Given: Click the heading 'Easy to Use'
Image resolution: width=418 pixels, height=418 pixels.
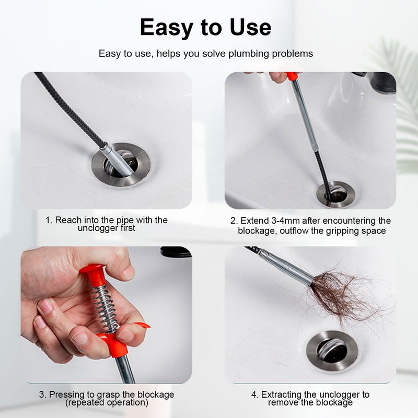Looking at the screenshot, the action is pyautogui.click(x=205, y=28).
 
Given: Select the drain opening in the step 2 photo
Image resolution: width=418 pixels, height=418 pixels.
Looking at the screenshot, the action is pyautogui.click(x=336, y=194).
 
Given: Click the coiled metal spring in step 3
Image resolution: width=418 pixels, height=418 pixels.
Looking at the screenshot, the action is pyautogui.click(x=104, y=309).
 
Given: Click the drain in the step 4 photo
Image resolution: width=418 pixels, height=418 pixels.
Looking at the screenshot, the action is pyautogui.click(x=332, y=351).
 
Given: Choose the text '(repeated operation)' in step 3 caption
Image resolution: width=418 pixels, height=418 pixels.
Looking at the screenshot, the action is pyautogui.click(x=107, y=402).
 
